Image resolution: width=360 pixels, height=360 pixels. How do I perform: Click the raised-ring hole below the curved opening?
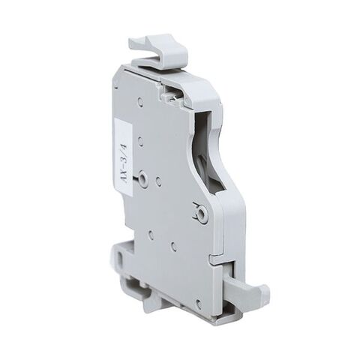201,214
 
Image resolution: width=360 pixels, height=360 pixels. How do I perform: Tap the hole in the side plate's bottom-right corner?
197,303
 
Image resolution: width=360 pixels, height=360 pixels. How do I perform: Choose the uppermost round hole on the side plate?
140,102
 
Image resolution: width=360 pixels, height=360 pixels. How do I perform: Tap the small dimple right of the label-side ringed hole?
158,181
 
